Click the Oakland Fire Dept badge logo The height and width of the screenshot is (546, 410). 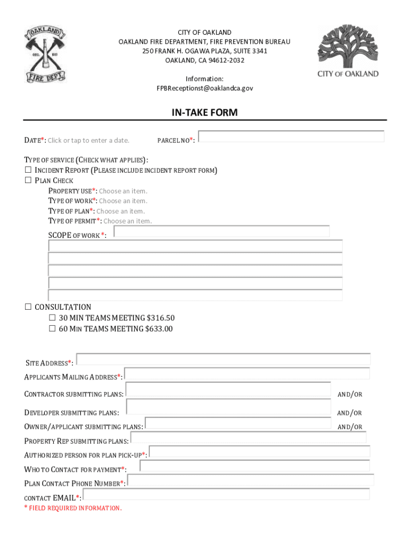point(44,55)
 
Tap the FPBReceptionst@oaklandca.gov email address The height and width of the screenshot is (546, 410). point(204,88)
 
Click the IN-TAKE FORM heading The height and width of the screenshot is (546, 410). point(204,113)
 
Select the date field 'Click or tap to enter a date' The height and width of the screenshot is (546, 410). point(88,141)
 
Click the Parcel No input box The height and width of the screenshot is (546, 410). point(291,136)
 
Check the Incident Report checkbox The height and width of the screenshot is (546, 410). point(28,171)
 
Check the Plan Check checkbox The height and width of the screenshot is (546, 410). point(28,181)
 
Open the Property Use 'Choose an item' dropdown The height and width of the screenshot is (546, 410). point(123,191)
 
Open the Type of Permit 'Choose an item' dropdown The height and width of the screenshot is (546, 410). point(127,221)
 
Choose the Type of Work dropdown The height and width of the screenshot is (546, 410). point(123,201)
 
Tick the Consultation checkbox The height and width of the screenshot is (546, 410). point(28,307)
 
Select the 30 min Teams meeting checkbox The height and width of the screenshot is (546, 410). point(52,318)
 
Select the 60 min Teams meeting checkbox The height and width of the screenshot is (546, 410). point(52,329)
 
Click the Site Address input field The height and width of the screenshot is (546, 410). point(223,359)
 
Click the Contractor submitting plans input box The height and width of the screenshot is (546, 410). point(228,390)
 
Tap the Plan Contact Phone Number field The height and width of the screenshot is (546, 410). point(250,480)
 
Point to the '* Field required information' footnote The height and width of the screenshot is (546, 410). point(73,508)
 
